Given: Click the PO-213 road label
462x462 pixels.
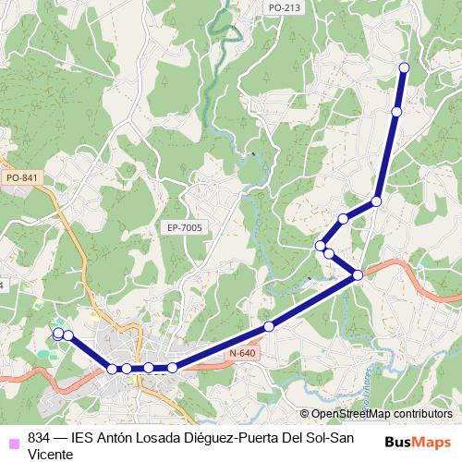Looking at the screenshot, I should pos(284,7).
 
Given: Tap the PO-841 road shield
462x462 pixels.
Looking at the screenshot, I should pos(21,177).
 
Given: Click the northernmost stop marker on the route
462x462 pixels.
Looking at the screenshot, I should pos(404,67).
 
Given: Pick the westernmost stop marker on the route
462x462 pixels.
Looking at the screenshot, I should pos(58,333).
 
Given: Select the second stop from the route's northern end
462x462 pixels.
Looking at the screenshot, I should pos(396,112).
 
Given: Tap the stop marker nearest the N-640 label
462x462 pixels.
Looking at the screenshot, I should pos(269,326).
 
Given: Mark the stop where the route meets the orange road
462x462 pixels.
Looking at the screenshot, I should pos(358,274).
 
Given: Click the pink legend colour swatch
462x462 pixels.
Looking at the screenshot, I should pos(12,438).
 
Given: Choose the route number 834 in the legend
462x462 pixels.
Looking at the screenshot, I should pos(40,438).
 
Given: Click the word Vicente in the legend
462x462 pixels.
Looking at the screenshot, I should pos(51,454).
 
